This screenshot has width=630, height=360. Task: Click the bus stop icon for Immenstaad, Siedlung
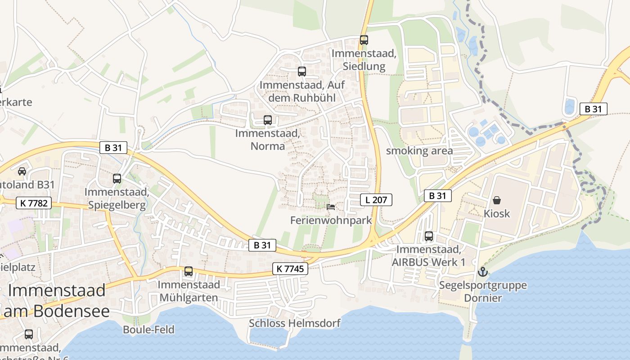point(364,40)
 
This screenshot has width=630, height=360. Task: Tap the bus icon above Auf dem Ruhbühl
point(301,72)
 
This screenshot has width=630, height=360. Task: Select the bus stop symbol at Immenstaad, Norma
point(267,120)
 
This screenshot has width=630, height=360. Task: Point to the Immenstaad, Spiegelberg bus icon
point(117,179)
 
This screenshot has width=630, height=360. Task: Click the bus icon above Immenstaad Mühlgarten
point(189,271)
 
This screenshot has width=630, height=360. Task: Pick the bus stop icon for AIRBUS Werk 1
point(429,236)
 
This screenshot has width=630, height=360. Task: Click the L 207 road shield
point(376,200)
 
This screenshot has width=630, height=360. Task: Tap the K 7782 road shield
point(34,203)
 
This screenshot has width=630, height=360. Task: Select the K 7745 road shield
point(290,269)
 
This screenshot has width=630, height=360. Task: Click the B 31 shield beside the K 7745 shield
point(262,245)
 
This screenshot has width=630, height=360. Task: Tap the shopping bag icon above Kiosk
point(497,200)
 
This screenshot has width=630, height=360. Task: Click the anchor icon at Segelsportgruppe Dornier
point(482,272)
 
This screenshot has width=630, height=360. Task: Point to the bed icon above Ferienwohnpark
point(331,207)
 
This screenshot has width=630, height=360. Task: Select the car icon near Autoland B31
point(22,171)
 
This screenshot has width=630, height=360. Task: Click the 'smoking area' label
point(419,151)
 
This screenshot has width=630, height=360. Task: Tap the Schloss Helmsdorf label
point(295,323)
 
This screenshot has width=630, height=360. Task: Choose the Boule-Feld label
point(148,329)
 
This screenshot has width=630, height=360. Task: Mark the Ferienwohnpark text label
point(331,220)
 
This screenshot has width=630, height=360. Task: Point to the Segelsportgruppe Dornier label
point(483,291)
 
